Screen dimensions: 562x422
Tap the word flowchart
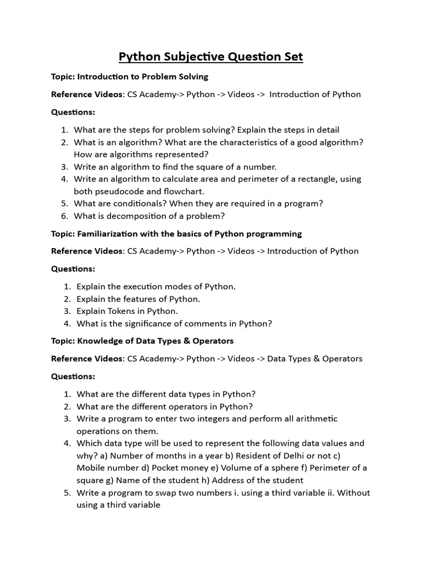tap(184, 191)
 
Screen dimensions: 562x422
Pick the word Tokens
tap(121, 311)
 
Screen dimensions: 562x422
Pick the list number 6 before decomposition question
tap(64, 216)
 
